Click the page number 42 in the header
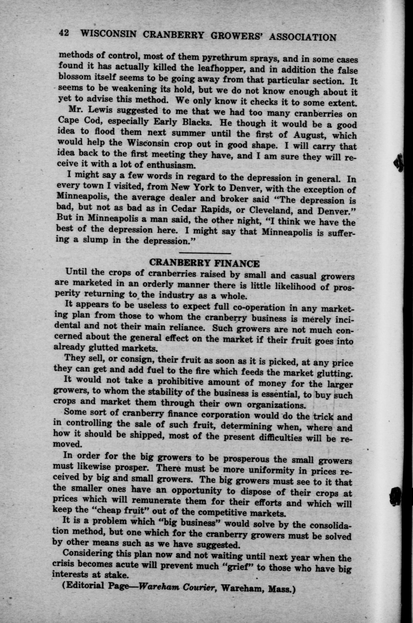tap(64, 33)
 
